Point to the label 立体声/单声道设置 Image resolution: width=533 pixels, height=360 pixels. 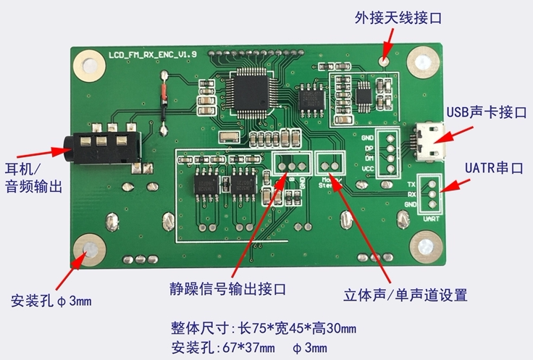[x=405, y=295]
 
